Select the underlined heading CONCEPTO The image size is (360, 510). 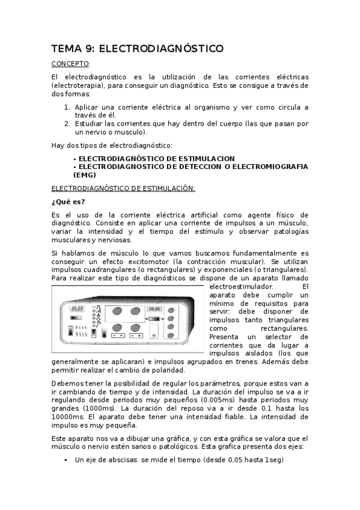70,64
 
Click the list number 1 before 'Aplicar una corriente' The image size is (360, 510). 67,107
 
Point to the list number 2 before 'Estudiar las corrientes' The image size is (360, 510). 67,124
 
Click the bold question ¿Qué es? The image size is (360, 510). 68,201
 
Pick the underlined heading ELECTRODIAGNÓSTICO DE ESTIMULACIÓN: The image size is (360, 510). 123,188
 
